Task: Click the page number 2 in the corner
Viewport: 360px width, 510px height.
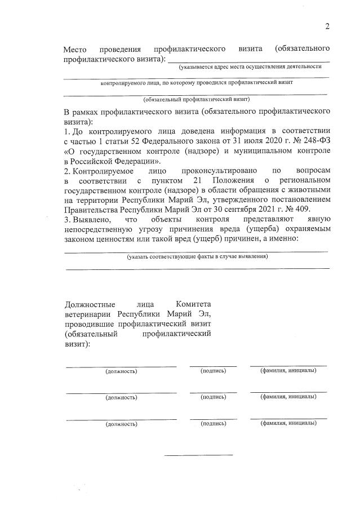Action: pyautogui.click(x=327, y=26)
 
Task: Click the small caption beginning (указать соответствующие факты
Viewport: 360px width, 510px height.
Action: pyautogui.click(x=197, y=256)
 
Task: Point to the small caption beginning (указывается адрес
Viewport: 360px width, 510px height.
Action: pyautogui.click(x=254, y=67)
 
